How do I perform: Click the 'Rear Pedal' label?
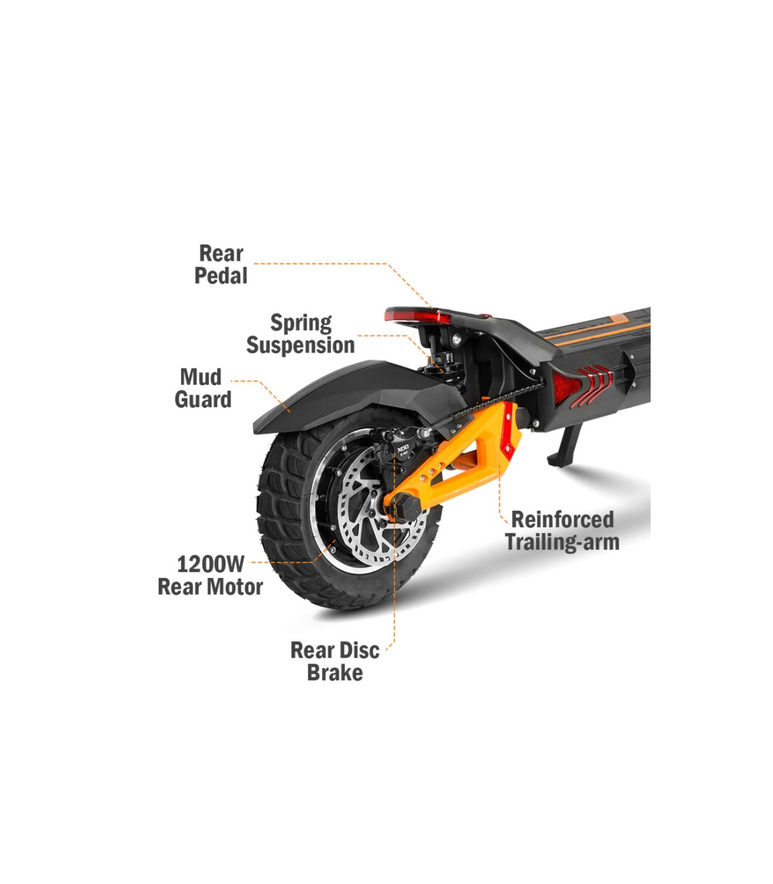221,264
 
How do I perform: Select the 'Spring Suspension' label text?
301,334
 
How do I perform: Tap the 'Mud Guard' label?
203,388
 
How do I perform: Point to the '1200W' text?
211,564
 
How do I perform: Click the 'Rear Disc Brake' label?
335,661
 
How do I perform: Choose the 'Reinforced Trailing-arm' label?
562,530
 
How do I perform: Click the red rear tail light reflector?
417,316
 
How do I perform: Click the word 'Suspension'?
301,345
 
